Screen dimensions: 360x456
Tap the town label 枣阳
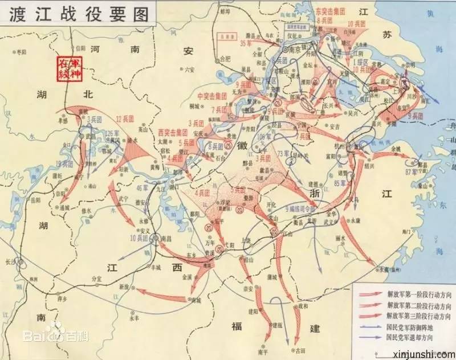pyautogui.click(x=22, y=52)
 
